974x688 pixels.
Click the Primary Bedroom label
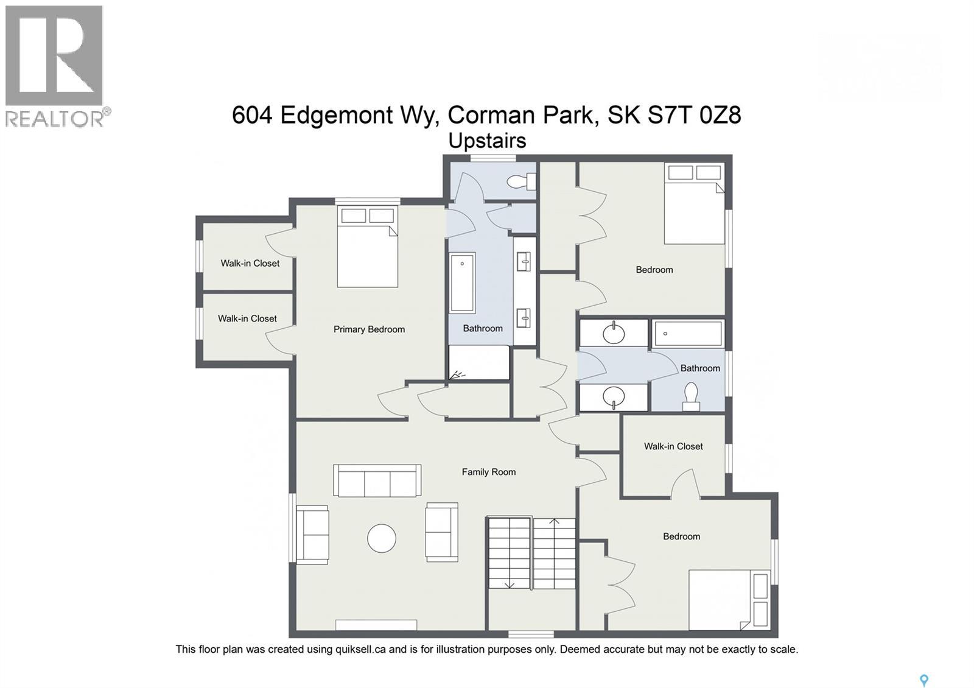(369, 329)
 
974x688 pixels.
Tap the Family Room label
(488, 472)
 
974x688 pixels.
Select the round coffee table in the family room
(382, 538)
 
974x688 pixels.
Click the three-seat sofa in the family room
(377, 480)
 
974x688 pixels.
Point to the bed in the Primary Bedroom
(367, 247)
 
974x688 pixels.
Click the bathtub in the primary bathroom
(462, 283)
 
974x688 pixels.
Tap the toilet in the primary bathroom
(522, 181)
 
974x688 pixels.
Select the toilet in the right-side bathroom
(691, 396)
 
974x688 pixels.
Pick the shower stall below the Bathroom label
(479, 363)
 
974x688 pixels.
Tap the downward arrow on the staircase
(510, 584)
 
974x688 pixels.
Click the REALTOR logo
(55, 66)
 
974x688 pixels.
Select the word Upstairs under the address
(487, 141)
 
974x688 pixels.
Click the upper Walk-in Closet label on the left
(250, 264)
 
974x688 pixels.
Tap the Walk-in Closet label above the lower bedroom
(673, 446)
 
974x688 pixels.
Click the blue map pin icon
(923, 680)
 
